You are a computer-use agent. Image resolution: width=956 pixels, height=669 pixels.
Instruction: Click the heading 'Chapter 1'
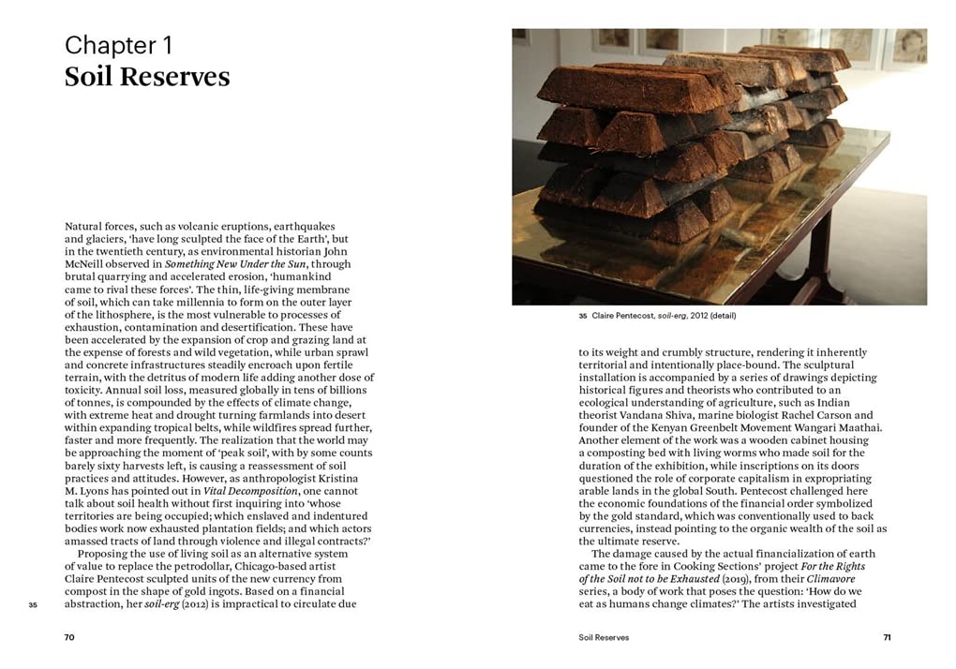(x=118, y=44)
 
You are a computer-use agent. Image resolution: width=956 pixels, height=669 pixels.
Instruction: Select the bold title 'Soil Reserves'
(x=146, y=77)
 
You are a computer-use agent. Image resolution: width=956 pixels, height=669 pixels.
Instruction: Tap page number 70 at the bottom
(x=69, y=637)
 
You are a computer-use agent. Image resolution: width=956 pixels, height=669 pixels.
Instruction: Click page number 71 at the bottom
(x=887, y=637)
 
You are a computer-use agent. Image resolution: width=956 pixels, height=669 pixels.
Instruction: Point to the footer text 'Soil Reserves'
(x=605, y=637)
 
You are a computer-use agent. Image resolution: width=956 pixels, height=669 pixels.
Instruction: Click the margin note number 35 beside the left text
(x=33, y=605)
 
